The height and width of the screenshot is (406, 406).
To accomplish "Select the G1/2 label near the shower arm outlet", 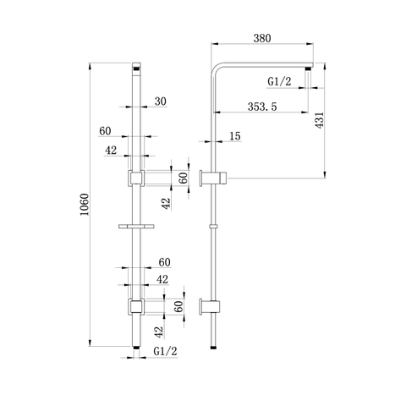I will [279, 82].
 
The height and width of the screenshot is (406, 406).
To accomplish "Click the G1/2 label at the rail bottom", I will [166, 350].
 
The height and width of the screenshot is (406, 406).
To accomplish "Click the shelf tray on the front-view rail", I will [137, 227].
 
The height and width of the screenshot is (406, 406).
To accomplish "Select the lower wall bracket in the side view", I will [211, 305].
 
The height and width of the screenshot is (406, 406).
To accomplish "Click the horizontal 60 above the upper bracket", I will [106, 131].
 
